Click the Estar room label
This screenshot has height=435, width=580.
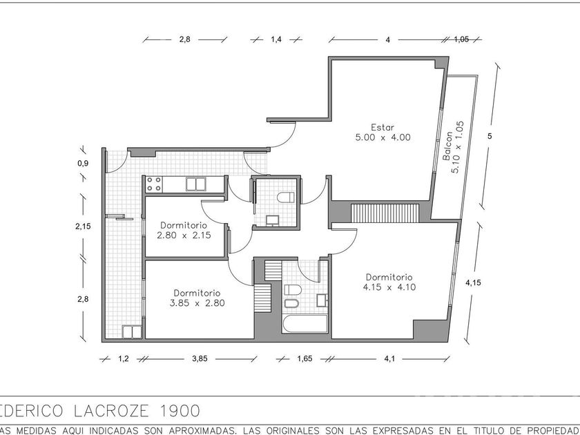tap(383, 133)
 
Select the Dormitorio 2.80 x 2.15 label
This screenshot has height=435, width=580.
tap(184, 230)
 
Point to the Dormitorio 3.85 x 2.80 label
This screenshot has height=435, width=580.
tap(197, 298)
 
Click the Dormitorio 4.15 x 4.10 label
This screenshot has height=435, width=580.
tap(389, 282)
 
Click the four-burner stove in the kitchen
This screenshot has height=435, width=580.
tap(154, 184)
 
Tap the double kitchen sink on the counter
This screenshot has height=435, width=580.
tap(195, 184)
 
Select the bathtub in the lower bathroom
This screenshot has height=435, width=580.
tap(305, 324)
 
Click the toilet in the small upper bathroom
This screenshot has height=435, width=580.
tap(286, 197)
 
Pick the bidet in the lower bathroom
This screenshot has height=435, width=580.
tap(291, 304)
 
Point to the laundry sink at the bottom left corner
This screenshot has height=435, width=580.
tap(132, 331)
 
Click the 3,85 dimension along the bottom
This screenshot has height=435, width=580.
tap(200, 358)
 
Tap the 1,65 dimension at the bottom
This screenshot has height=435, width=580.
tap(304, 358)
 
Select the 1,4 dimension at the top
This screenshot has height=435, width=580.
tap(276, 39)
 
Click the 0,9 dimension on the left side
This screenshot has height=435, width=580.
tap(83, 163)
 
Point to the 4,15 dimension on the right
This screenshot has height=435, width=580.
tap(473, 282)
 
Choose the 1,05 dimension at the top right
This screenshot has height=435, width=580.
tap(461, 39)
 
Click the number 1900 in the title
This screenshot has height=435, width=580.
tap(180, 411)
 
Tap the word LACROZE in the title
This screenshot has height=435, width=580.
tap(112, 411)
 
